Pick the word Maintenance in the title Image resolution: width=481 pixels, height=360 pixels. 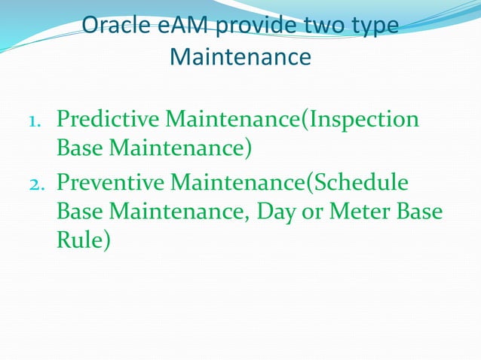tap(240, 56)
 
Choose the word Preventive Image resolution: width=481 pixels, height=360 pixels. tap(111, 182)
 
